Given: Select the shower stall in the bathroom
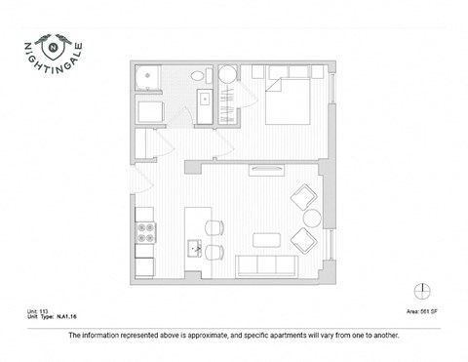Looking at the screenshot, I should [149, 78].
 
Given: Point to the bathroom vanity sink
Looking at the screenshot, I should [207, 99].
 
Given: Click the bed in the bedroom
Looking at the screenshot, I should [286, 96].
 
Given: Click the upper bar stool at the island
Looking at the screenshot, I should [214, 228].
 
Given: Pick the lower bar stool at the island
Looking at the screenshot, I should [214, 253].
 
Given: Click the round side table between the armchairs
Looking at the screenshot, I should [312, 220].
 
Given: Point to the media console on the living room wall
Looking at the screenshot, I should [264, 171].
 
